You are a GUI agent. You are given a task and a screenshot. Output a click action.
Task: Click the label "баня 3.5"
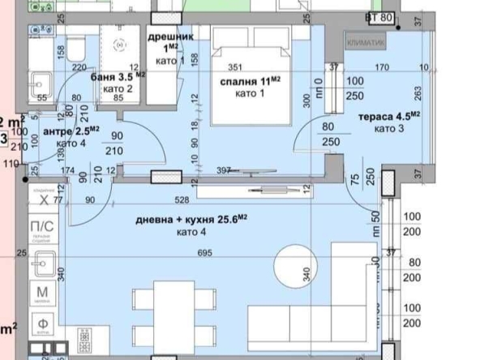click(x=114, y=77)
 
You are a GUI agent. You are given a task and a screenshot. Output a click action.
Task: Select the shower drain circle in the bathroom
click(x=122, y=45)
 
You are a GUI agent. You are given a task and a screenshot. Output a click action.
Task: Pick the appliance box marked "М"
click(x=42, y=294)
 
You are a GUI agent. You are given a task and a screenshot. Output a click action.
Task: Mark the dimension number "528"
click(x=204, y=199)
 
